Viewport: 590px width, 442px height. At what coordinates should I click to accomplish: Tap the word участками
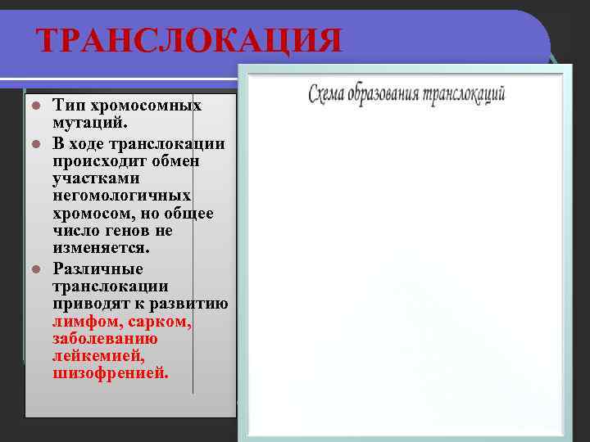click(96, 178)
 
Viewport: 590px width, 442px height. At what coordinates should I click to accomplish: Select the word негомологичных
click(122, 196)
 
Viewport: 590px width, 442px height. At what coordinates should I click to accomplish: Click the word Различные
click(98, 268)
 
